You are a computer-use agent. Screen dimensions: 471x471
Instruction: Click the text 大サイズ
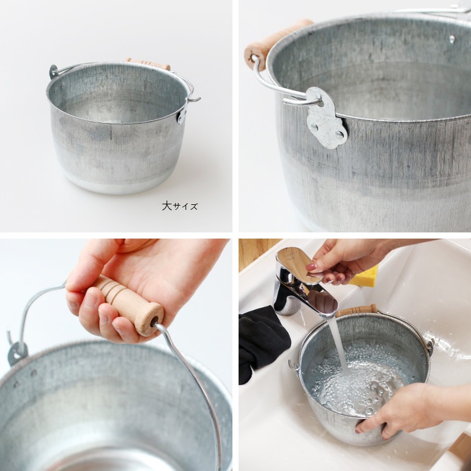[180, 206]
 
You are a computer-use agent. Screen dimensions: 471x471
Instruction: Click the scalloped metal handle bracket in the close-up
[327, 117]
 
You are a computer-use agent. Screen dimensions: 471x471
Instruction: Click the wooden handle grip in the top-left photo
[148, 64]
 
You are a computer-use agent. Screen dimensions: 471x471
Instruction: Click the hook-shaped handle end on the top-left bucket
[194, 99]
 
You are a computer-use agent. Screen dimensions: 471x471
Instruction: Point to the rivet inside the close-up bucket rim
[452, 39]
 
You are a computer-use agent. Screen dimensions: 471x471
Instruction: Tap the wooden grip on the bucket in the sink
[357, 310]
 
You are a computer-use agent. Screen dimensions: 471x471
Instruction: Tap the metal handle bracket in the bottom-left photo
[17, 354]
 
